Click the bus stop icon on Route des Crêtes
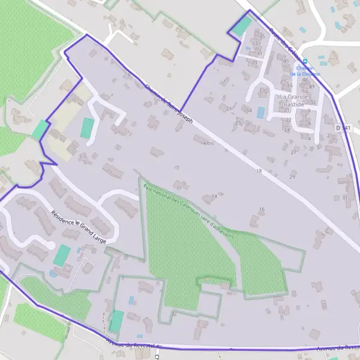(x=305, y=61)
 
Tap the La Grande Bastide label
(x=293, y=100)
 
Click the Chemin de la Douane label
(x=305, y=71)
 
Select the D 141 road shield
(x=343, y=128)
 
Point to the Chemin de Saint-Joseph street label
(x=169, y=103)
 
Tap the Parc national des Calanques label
(x=188, y=211)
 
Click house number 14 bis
(x=207, y=143)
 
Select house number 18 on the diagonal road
(x=259, y=171)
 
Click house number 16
(x=262, y=209)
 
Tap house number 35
(x=262, y=36)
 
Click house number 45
(x=286, y=61)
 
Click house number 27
(x=293, y=152)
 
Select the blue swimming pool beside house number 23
(x=260, y=112)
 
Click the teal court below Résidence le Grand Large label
(x=62, y=255)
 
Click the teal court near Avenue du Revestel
(x=116, y=321)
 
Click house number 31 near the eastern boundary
(x=344, y=197)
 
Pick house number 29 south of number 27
(x=292, y=176)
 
